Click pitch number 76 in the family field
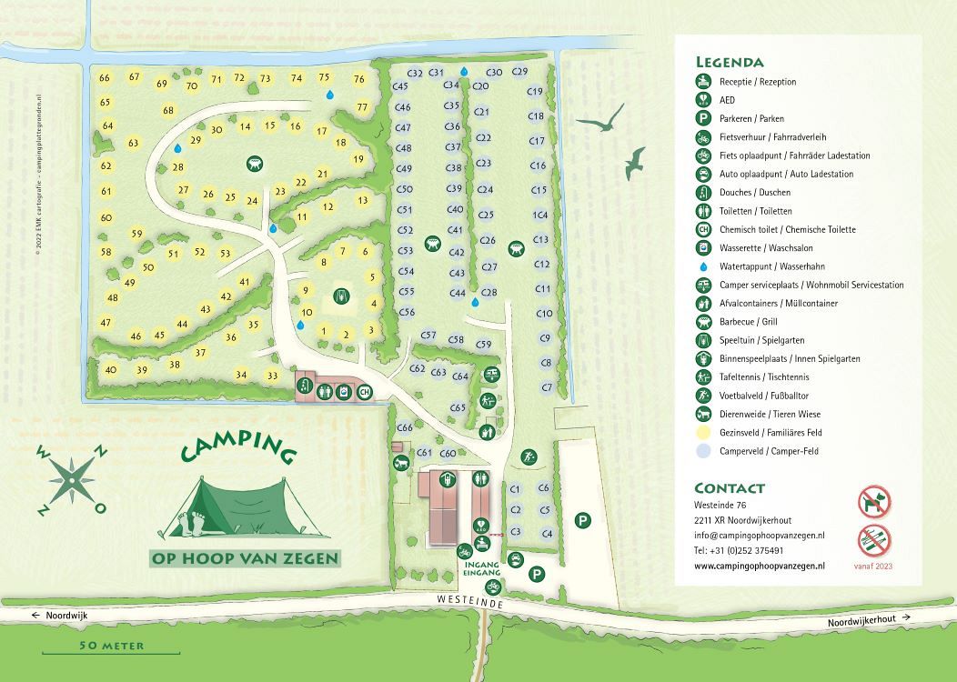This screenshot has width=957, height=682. click(x=358, y=79)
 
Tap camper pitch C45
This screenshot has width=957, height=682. click(x=400, y=85)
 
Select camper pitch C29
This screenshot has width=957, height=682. click(x=520, y=71)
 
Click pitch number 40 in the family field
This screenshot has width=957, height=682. click(x=111, y=369)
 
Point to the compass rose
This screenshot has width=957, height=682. click(x=71, y=479)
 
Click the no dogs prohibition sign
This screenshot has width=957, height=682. click(x=874, y=501)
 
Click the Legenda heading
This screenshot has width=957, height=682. click(x=730, y=63)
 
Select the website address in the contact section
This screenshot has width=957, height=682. click(x=760, y=565)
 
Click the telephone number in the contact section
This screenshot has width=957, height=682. click(x=739, y=550)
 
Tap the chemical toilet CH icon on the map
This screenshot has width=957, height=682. click(x=365, y=392)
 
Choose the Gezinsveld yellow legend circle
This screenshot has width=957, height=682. click(x=703, y=433)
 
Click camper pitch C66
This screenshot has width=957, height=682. click(x=405, y=427)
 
